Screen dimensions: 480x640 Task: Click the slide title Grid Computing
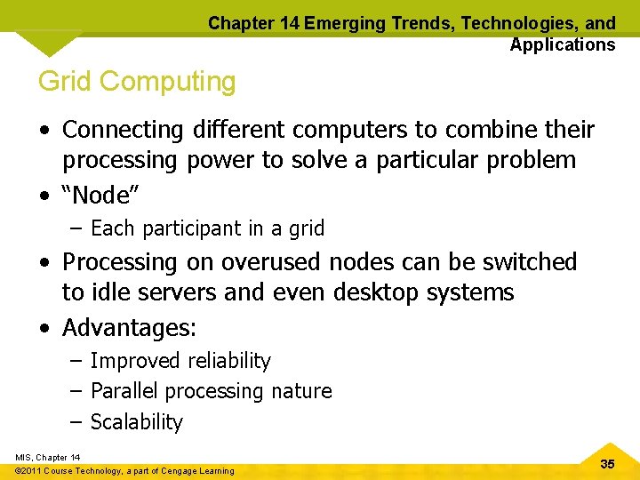coord(137,82)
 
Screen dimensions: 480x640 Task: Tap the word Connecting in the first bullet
coord(123,130)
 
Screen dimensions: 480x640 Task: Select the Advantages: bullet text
coord(130,328)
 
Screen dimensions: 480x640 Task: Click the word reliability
coord(229,361)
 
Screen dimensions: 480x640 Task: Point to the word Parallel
coord(125,391)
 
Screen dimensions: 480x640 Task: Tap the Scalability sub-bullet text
coord(137,422)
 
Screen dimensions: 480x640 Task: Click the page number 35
coord(608,464)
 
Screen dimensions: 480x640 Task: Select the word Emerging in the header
coord(346,24)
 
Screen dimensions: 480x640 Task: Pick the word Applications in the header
coord(562,44)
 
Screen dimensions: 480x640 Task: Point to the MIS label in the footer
coord(24,458)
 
